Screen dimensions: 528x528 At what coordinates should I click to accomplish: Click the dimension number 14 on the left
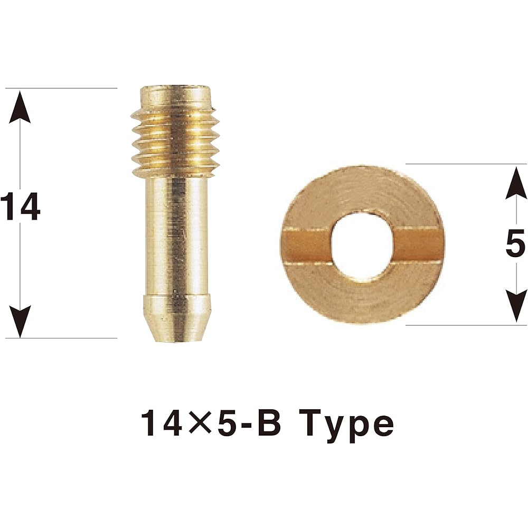click(x=21, y=206)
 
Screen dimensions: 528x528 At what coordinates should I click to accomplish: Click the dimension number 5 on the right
click(x=515, y=243)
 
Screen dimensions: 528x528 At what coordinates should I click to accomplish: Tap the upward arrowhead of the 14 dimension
click(x=20, y=107)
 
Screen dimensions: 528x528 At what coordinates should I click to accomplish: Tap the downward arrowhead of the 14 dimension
click(x=20, y=321)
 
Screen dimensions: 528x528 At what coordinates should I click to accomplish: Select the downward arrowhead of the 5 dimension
click(x=516, y=307)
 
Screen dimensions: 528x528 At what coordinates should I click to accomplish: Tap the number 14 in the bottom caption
click(x=163, y=423)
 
